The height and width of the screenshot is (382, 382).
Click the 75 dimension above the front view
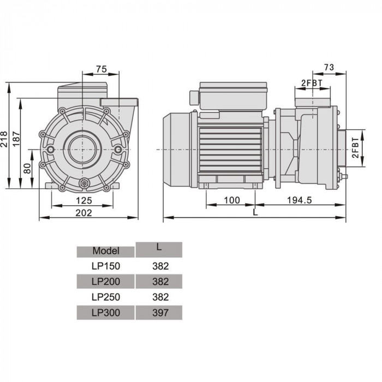[100, 69]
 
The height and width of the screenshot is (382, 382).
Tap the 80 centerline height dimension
[28, 168]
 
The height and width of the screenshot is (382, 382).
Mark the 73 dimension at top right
[329, 67]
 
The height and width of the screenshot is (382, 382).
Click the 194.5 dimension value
[300, 200]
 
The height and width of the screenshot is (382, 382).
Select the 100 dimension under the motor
[232, 200]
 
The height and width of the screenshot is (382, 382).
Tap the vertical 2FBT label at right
[355, 148]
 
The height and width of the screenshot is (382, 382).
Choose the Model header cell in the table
[106, 251]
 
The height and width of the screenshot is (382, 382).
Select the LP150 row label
[106, 266]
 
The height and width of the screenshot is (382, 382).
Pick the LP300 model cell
[106, 312]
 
